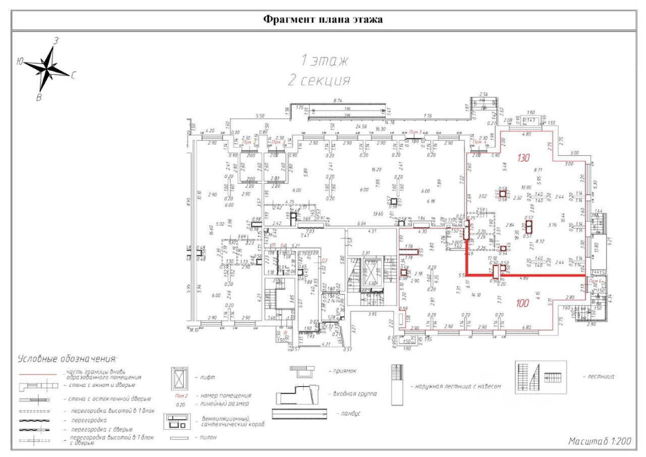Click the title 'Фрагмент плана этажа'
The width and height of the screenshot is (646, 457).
tap(323, 20)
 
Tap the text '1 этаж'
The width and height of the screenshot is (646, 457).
tap(324, 61)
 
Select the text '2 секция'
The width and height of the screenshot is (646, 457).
tap(319, 80)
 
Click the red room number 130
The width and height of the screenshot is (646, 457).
tap(523, 158)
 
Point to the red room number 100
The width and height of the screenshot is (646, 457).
tap(522, 304)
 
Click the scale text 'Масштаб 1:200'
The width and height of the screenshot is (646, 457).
tap(600, 441)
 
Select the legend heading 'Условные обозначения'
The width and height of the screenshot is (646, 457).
tap(68, 359)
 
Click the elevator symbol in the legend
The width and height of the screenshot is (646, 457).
tap(180, 377)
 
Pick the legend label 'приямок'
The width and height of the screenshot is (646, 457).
tap(345, 371)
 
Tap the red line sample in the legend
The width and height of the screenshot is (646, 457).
tap(38, 375)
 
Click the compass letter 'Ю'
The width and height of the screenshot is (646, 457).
tap(20, 62)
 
